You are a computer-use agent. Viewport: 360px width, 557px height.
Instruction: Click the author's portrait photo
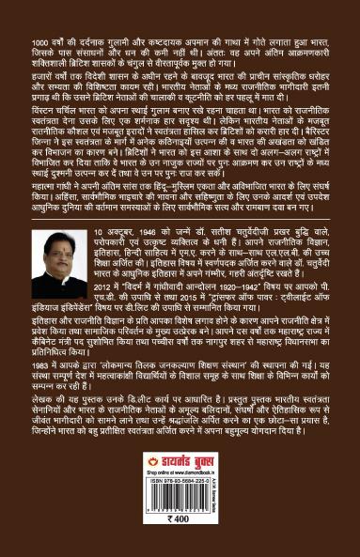click(x=58, y=266)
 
